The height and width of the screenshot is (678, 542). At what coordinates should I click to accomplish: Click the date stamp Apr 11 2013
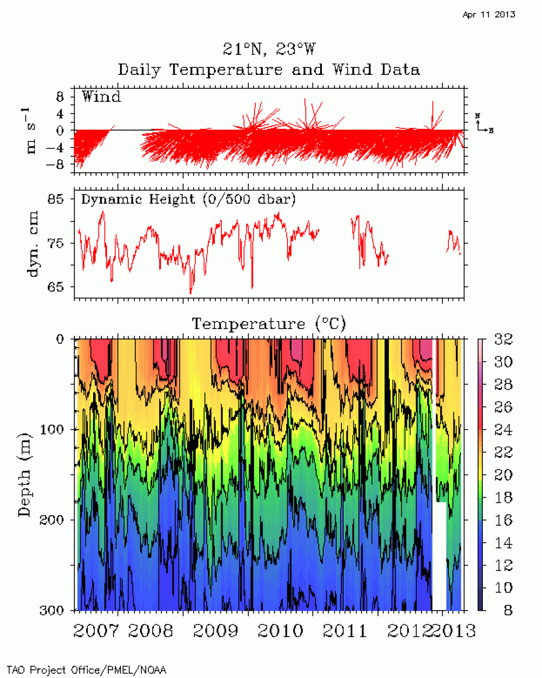pyautogui.click(x=489, y=15)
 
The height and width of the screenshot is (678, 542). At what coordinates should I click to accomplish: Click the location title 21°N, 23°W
pyautogui.click(x=269, y=49)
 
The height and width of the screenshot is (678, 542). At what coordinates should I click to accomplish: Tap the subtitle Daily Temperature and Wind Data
pyautogui.click(x=269, y=70)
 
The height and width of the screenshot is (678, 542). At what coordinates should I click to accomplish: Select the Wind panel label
pyautogui.click(x=101, y=97)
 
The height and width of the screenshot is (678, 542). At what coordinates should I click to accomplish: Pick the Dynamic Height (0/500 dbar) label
pyautogui.click(x=188, y=199)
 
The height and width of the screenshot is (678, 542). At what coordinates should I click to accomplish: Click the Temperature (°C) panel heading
pyautogui.click(x=269, y=323)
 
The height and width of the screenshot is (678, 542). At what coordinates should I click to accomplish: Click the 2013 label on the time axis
pyautogui.click(x=457, y=631)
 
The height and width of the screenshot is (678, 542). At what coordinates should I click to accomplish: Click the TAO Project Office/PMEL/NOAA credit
pyautogui.click(x=82, y=669)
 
